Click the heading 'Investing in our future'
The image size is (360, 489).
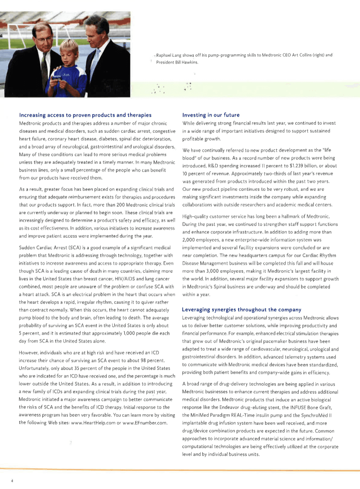point(211,115)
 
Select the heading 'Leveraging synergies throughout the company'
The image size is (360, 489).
point(241,309)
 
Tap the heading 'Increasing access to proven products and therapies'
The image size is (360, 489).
point(85,115)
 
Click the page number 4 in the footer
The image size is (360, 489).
point(12,480)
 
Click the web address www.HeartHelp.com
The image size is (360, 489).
point(94,422)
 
